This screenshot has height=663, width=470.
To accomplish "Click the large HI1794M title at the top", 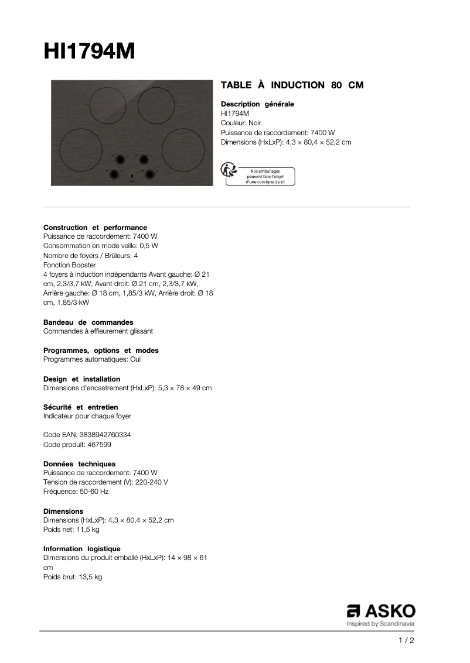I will click(89, 51).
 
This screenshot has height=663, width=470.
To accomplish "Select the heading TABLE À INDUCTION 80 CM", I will click(292, 85).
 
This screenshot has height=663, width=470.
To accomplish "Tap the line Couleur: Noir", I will click(241, 123).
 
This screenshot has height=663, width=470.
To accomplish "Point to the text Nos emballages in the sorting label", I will click(262, 170).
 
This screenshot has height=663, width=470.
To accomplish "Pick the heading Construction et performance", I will click(95, 227).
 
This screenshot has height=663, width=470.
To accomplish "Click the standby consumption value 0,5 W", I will click(149, 246).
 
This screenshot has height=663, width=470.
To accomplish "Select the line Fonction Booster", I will click(70, 265).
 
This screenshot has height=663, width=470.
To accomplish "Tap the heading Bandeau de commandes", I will click(88, 322).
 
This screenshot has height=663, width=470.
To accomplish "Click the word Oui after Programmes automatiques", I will click(135, 359).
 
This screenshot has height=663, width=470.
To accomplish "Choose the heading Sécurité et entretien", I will click(80, 407).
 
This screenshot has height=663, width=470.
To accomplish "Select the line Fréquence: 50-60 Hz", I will click(76, 492).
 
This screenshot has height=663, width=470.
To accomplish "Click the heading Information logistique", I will click(81, 548).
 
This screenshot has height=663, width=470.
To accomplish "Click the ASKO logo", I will click(381, 611).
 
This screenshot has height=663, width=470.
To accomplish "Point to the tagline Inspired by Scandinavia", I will click(381, 624).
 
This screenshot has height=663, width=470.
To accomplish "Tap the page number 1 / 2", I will click(406, 641).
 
